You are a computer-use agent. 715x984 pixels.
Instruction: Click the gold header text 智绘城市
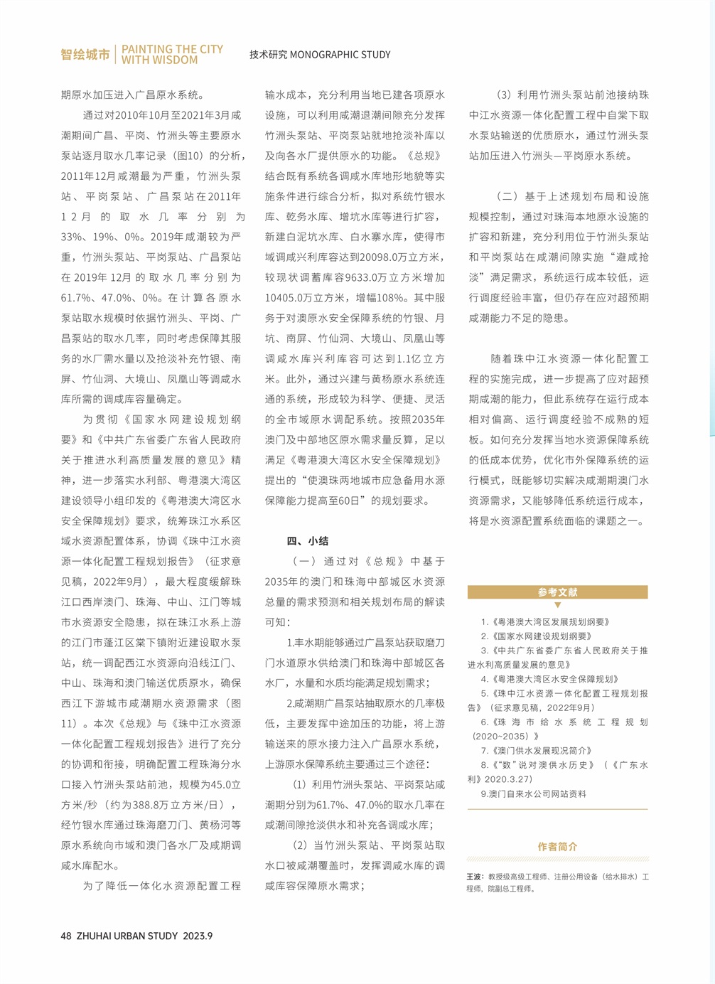coord(85,55)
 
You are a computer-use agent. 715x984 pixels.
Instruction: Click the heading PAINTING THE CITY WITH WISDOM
coord(172,55)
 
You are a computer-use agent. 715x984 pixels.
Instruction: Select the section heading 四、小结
coord(307,541)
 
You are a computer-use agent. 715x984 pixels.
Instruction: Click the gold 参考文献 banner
coord(557,592)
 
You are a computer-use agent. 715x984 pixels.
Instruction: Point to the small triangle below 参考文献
coord(557,605)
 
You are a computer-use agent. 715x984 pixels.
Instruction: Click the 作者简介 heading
coord(557,846)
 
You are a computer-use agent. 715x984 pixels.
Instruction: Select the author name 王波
coord(474,877)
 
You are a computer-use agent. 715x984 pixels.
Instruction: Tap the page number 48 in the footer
coord(66,936)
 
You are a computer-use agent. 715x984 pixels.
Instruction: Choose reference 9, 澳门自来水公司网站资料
coord(533,793)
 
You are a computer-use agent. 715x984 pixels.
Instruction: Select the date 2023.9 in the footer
coord(198,936)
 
